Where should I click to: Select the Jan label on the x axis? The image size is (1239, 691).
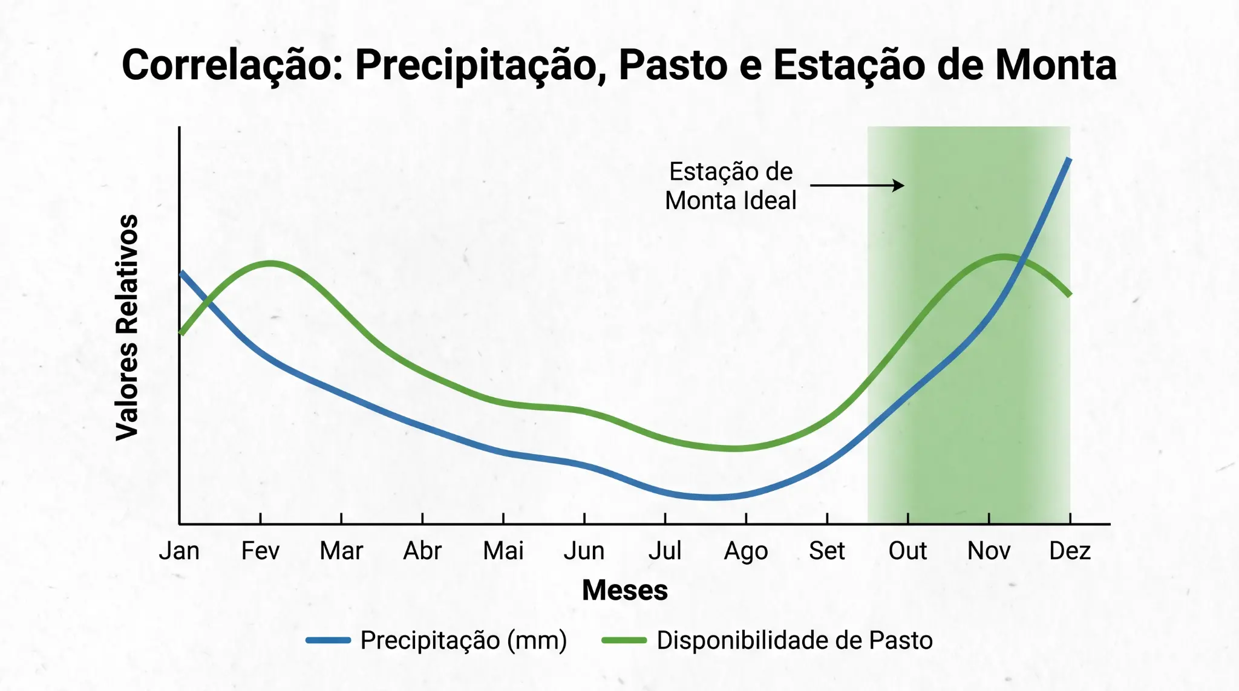pyautogui.click(x=179, y=551)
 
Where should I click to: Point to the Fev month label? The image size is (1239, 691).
pyautogui.click(x=260, y=551)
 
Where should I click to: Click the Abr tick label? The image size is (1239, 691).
pyautogui.click(x=422, y=551)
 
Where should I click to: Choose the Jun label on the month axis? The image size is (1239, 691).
pyautogui.click(x=584, y=551)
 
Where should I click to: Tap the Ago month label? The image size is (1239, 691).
pyautogui.click(x=746, y=551)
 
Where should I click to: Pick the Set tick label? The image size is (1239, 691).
pyautogui.click(x=827, y=551)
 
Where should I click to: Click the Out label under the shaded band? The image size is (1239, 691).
pyautogui.click(x=907, y=551)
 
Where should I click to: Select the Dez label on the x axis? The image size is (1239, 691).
pyautogui.click(x=1070, y=551)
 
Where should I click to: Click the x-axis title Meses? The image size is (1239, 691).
pyautogui.click(x=625, y=590)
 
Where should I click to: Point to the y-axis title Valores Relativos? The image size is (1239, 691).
pyautogui.click(x=128, y=327)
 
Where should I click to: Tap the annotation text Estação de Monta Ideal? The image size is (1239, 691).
pyautogui.click(x=731, y=186)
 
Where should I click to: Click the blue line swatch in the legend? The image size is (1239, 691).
pyautogui.click(x=328, y=640)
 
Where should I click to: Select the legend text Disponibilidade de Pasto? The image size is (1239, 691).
pyautogui.click(x=794, y=640)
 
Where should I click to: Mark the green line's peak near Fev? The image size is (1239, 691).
pyautogui.click(x=270, y=263)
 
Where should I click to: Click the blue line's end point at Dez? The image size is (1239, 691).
pyautogui.click(x=1069, y=160)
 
